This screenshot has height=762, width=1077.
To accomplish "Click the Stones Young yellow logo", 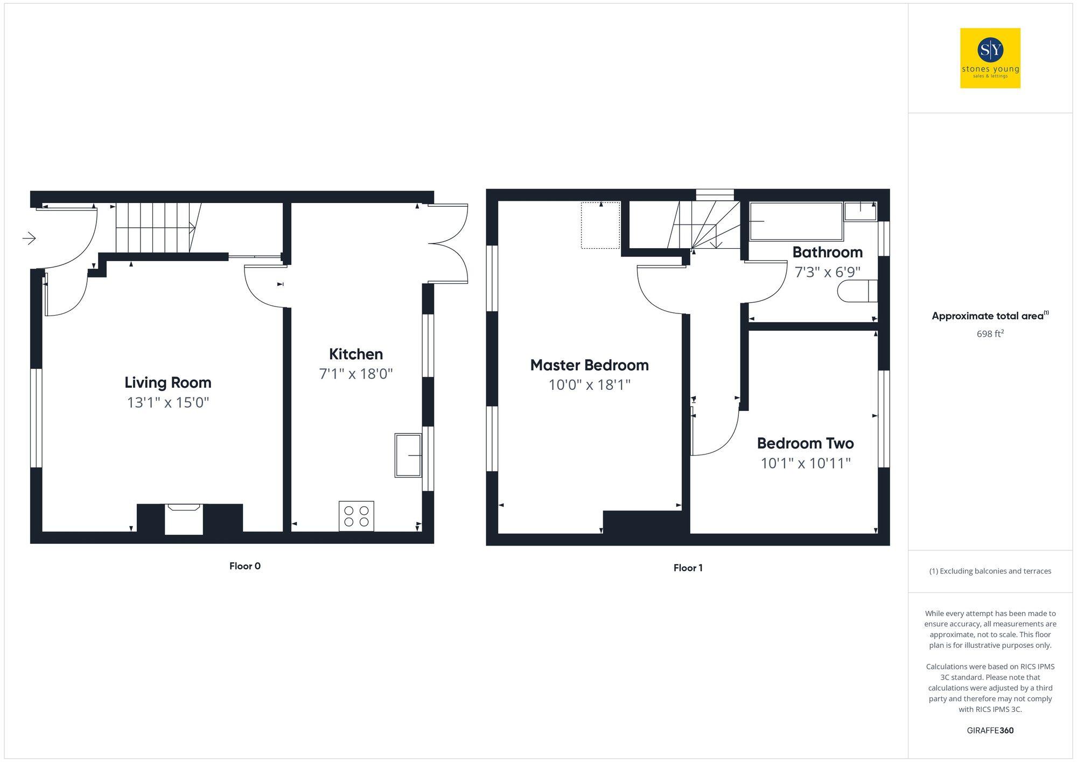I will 990,58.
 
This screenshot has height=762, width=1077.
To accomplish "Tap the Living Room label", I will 167,382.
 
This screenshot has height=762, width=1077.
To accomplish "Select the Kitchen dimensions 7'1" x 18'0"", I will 355,374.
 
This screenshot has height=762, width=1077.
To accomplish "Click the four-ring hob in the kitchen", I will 356,516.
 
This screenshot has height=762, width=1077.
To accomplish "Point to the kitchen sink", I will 408,456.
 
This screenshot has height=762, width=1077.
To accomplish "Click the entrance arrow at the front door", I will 29,237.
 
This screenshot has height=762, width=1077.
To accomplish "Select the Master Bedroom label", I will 589,365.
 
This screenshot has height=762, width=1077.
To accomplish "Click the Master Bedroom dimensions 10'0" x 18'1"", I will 589,385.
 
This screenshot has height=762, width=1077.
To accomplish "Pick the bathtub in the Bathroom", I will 796,221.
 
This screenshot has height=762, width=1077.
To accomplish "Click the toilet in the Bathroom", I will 857,291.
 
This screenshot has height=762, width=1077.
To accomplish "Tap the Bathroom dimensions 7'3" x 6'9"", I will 827,272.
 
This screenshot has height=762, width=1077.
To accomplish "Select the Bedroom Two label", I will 805,443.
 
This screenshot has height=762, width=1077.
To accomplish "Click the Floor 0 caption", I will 244,566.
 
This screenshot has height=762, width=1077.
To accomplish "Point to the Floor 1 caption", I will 688,568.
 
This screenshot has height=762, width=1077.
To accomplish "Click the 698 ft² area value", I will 990,334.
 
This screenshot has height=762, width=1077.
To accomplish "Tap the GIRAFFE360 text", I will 990,730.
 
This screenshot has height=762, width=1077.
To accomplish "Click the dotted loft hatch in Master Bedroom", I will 600,225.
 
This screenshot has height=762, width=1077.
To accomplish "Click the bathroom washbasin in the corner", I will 860,211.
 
